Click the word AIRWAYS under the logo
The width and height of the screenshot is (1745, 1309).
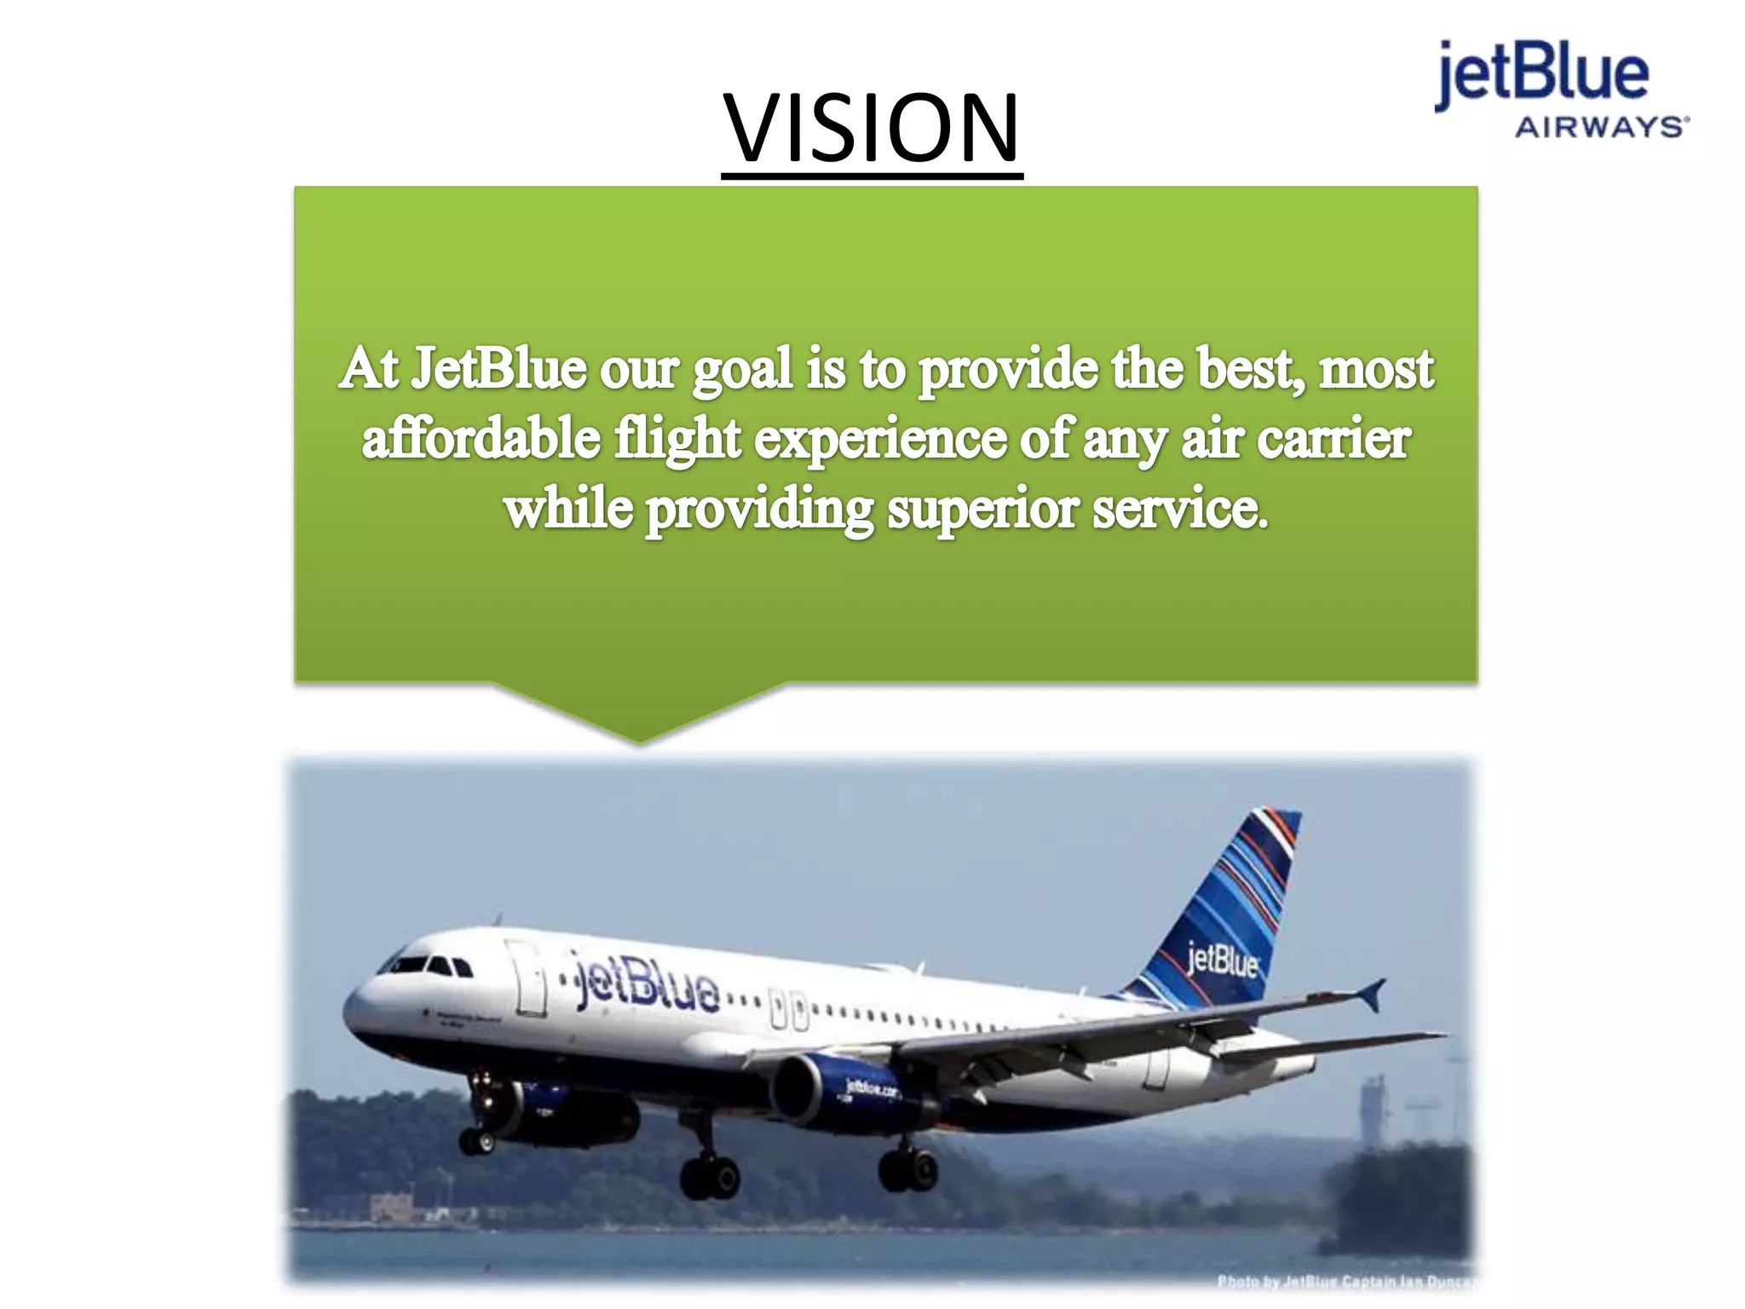pos(1600,128)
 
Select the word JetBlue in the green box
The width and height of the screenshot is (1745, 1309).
pos(499,369)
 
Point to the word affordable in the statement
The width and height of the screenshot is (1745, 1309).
pos(481,439)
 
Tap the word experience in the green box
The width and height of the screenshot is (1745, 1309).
pos(880,439)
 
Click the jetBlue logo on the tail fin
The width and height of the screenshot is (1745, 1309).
pos(1222,960)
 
